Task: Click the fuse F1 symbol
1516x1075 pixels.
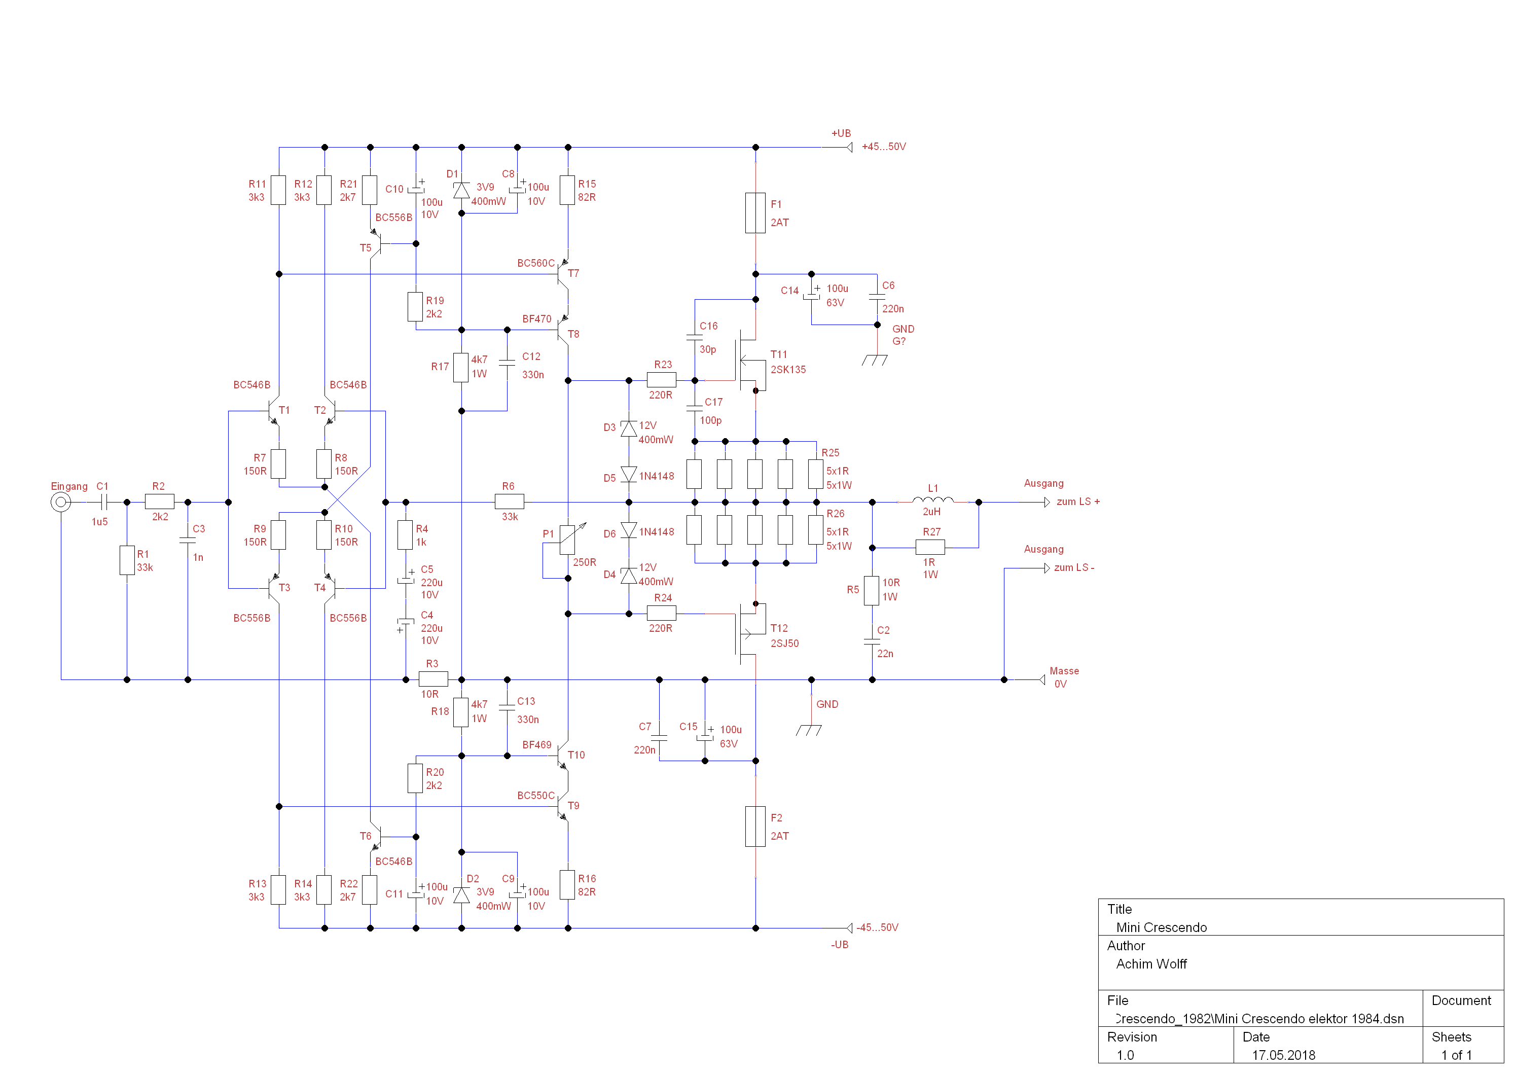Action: tap(755, 212)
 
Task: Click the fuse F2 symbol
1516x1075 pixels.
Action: tap(755, 826)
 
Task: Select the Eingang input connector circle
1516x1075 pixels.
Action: tap(61, 503)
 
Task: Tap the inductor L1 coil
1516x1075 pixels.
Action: tap(932, 500)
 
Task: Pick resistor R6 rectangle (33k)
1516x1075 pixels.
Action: tap(509, 502)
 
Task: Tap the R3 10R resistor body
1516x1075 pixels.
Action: tap(433, 678)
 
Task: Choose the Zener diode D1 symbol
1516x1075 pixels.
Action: tap(461, 191)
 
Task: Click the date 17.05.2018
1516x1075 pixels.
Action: tap(1283, 1055)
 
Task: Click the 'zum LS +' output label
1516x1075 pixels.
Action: tap(1077, 502)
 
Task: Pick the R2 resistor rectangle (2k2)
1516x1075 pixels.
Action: tap(160, 502)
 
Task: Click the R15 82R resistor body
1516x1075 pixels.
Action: tap(567, 191)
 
